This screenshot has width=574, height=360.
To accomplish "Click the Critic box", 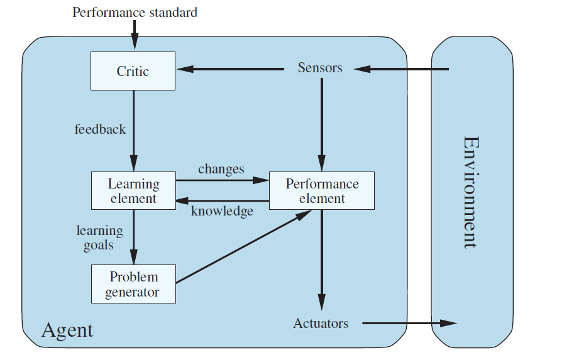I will [x=133, y=71].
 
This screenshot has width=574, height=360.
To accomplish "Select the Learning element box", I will [x=133, y=191].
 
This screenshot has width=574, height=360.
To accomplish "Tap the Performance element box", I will [x=322, y=191].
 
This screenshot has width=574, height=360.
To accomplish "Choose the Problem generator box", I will [x=133, y=284].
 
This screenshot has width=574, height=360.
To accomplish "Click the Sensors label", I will [x=320, y=68].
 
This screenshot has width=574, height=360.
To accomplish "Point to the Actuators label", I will [x=321, y=324].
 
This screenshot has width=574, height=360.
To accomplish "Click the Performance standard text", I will [x=135, y=12].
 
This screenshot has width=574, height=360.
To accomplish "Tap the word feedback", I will [x=100, y=129].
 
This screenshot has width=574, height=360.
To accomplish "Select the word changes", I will [x=221, y=169].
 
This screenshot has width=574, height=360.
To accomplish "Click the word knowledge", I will [x=222, y=211].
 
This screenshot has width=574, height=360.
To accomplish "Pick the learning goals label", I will [x=99, y=237].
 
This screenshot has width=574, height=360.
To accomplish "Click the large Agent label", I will [x=67, y=330].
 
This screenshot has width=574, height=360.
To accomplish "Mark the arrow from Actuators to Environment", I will [x=409, y=324].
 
